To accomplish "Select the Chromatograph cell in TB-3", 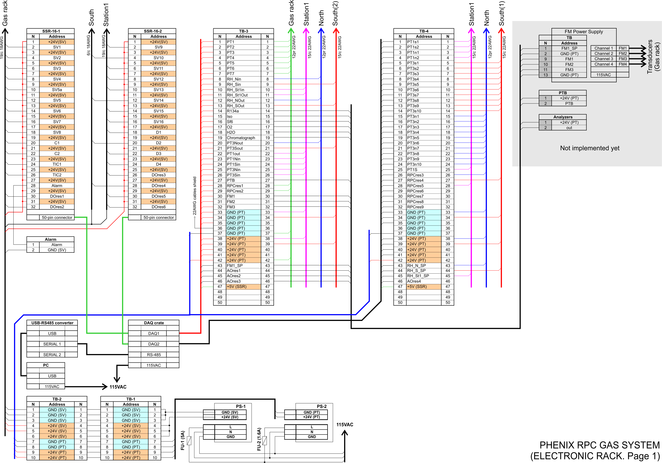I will (241, 138).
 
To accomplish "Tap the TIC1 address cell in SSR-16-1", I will (57, 164).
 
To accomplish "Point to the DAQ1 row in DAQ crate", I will (154, 334).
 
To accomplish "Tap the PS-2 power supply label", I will (321, 406).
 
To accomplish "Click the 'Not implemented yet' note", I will (590, 148).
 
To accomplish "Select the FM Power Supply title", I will (584, 32).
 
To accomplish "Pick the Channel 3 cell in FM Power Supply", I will (604, 59).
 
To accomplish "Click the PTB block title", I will (562, 93).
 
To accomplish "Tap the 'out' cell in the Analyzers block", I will (569, 128).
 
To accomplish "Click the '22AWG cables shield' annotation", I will (195, 196).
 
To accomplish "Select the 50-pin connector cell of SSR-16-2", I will (159, 218).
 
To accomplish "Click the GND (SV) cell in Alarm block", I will (57, 250).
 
